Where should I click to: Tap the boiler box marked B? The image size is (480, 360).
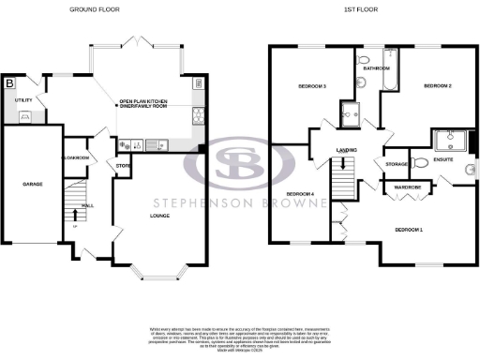tap(10, 83)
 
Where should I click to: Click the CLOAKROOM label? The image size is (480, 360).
tap(75, 157)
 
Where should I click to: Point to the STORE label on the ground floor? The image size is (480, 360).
tap(122, 166)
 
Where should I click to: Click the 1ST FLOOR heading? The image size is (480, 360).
tap(363, 9)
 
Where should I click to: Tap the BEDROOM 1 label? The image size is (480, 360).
tap(408, 229)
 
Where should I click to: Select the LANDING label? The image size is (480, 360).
tap(349, 150)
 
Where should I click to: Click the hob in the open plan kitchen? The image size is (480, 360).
tap(198, 115)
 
